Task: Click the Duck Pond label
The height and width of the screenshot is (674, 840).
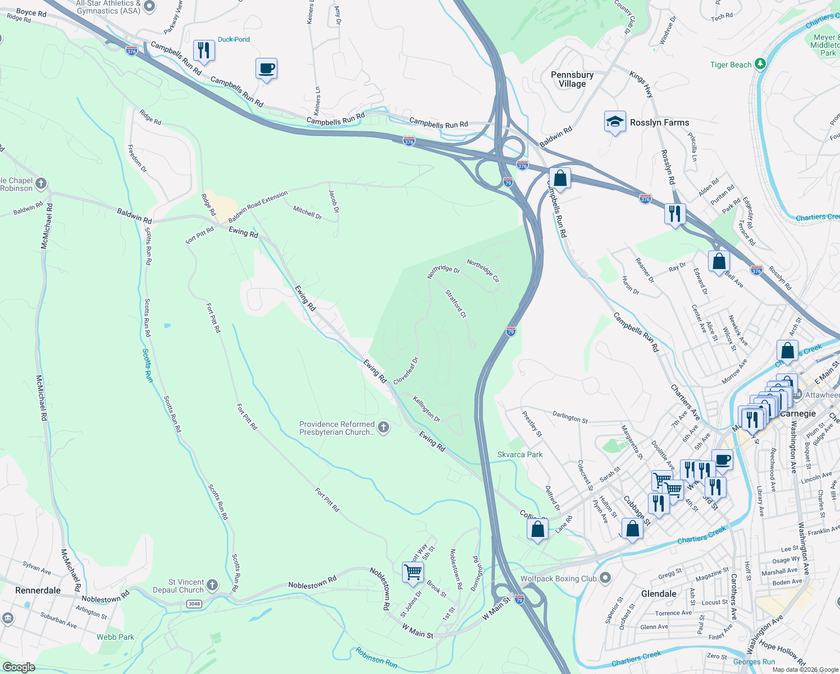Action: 234,39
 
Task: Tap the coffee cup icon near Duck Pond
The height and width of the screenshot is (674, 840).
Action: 266,69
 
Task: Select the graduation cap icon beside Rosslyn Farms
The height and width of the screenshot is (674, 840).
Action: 615,122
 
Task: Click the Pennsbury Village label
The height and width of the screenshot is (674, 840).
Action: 572,79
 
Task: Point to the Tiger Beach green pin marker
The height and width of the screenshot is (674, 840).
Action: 760,64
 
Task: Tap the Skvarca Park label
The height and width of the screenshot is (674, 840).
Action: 520,454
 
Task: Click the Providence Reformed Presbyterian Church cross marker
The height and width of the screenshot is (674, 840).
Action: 384,428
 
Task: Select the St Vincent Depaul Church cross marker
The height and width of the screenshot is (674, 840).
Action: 212,586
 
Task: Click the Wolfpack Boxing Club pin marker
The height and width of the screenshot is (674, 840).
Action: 605,578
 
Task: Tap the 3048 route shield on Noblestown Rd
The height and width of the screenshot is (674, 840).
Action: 194,604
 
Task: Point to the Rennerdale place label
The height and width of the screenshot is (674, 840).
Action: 38,590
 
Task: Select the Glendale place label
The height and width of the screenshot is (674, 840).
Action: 659,594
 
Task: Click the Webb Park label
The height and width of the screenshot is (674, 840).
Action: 115,637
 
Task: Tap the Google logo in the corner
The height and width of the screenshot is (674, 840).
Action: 19,667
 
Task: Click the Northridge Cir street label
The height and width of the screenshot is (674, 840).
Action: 483,271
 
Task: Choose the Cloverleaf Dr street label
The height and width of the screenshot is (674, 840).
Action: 406,371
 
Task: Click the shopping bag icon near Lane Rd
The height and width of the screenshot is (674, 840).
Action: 537,530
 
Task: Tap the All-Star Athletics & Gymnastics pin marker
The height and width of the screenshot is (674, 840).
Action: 149,6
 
